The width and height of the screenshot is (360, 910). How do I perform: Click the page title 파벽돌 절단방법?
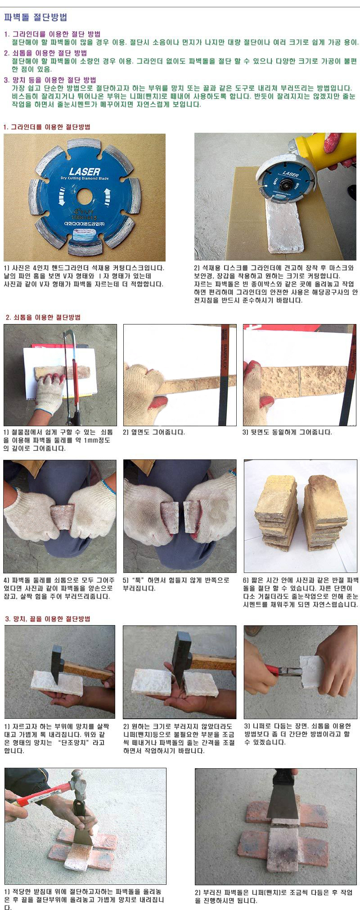pos(36,18)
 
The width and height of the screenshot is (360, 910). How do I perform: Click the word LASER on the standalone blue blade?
pos(84,171)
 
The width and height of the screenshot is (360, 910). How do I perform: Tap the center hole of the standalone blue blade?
pos(84,197)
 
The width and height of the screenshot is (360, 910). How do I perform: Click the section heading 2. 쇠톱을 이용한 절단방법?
pos(43,317)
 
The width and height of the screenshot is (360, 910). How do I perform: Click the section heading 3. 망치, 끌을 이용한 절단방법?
pos(47,619)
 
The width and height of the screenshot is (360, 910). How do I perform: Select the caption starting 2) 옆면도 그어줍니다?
pos(154,432)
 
